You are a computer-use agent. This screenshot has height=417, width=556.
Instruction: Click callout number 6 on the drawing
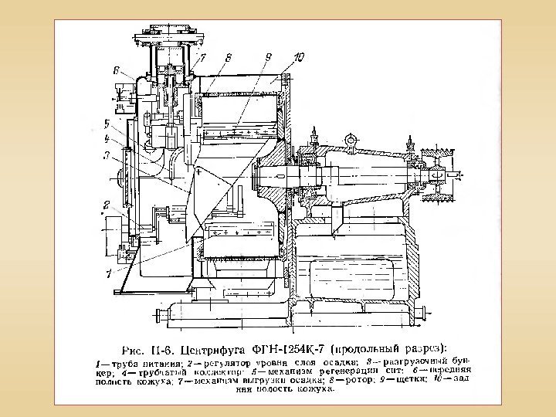(116, 70)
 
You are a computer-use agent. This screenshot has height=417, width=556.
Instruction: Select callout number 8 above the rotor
(229, 56)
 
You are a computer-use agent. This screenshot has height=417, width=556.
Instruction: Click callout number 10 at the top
(299, 56)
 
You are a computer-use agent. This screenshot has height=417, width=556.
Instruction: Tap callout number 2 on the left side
(107, 205)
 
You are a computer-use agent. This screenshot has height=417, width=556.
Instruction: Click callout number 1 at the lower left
(110, 273)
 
